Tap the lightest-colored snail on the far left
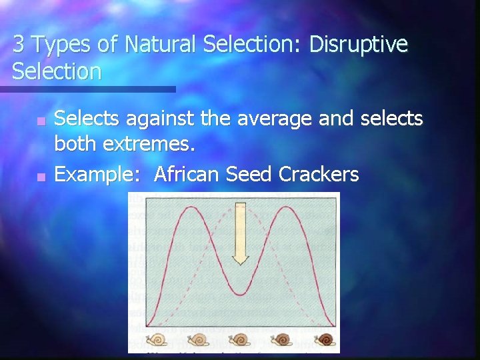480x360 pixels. [157, 339]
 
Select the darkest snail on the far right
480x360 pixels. [325, 339]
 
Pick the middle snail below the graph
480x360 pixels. [241, 339]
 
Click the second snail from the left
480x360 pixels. [199, 339]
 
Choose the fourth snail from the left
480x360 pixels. [283, 339]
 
